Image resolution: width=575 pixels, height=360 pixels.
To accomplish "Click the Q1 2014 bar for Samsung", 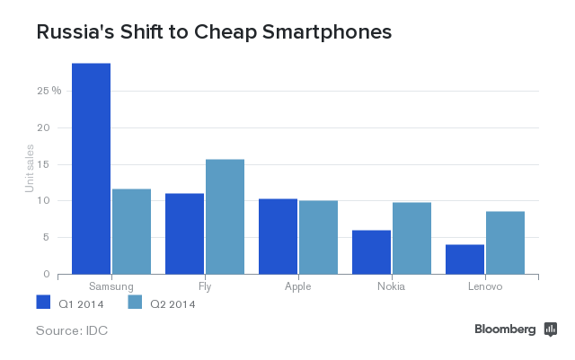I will point(91,169).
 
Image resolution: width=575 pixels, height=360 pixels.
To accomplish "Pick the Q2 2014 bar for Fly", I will point(225,216).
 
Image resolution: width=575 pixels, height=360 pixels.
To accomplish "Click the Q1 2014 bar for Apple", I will point(278,236).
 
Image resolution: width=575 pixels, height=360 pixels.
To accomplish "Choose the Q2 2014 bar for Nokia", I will point(411,238).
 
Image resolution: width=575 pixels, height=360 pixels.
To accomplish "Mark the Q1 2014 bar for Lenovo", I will point(464,259).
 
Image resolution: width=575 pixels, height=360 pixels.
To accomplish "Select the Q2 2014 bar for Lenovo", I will point(505,242).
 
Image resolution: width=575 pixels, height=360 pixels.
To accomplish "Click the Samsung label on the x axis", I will point(111,285).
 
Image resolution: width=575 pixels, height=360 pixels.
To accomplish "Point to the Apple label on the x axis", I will point(297,285).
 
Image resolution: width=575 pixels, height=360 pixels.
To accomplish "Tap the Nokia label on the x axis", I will point(391,285).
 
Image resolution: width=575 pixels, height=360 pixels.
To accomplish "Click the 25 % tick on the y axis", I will point(49,91).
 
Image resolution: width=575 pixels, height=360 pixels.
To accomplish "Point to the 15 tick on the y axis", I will point(55,164).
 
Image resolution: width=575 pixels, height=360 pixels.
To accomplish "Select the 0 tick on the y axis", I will point(57,274).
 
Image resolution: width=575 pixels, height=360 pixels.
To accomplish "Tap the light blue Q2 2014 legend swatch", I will point(137,303).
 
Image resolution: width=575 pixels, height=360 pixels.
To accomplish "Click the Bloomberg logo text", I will point(505,329).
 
